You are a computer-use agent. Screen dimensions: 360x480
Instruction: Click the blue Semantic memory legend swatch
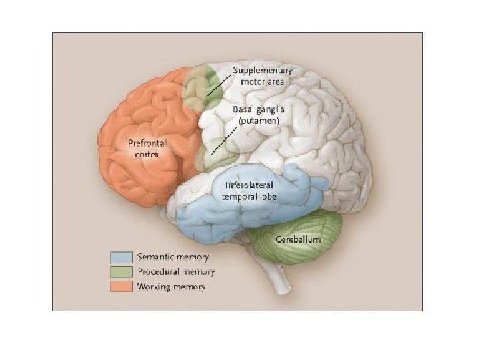121,257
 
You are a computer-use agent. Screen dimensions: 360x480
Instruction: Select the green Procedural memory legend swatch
121,271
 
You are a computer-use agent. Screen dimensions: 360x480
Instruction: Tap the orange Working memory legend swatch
121,287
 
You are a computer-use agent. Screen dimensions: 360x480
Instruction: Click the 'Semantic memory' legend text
173,257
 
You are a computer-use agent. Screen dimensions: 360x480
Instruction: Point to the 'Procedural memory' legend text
176,272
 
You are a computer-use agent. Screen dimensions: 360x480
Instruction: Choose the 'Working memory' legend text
171,287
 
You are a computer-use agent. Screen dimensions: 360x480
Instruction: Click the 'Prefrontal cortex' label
147,147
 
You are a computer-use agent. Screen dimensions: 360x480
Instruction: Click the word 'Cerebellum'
299,238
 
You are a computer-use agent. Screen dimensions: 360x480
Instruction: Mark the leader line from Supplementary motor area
221,84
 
